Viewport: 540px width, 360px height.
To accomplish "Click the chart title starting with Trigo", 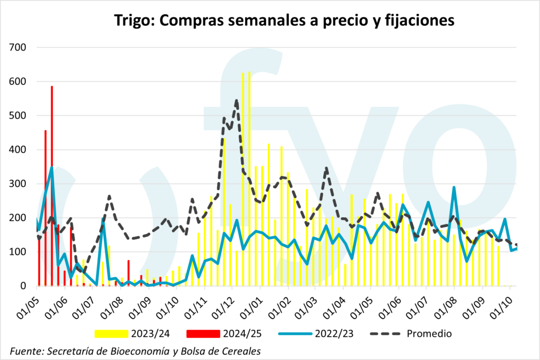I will click(x=284, y=21).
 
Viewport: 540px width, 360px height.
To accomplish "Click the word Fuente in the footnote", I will click(x=27, y=351).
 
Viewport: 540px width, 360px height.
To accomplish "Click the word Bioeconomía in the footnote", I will click(x=135, y=351).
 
